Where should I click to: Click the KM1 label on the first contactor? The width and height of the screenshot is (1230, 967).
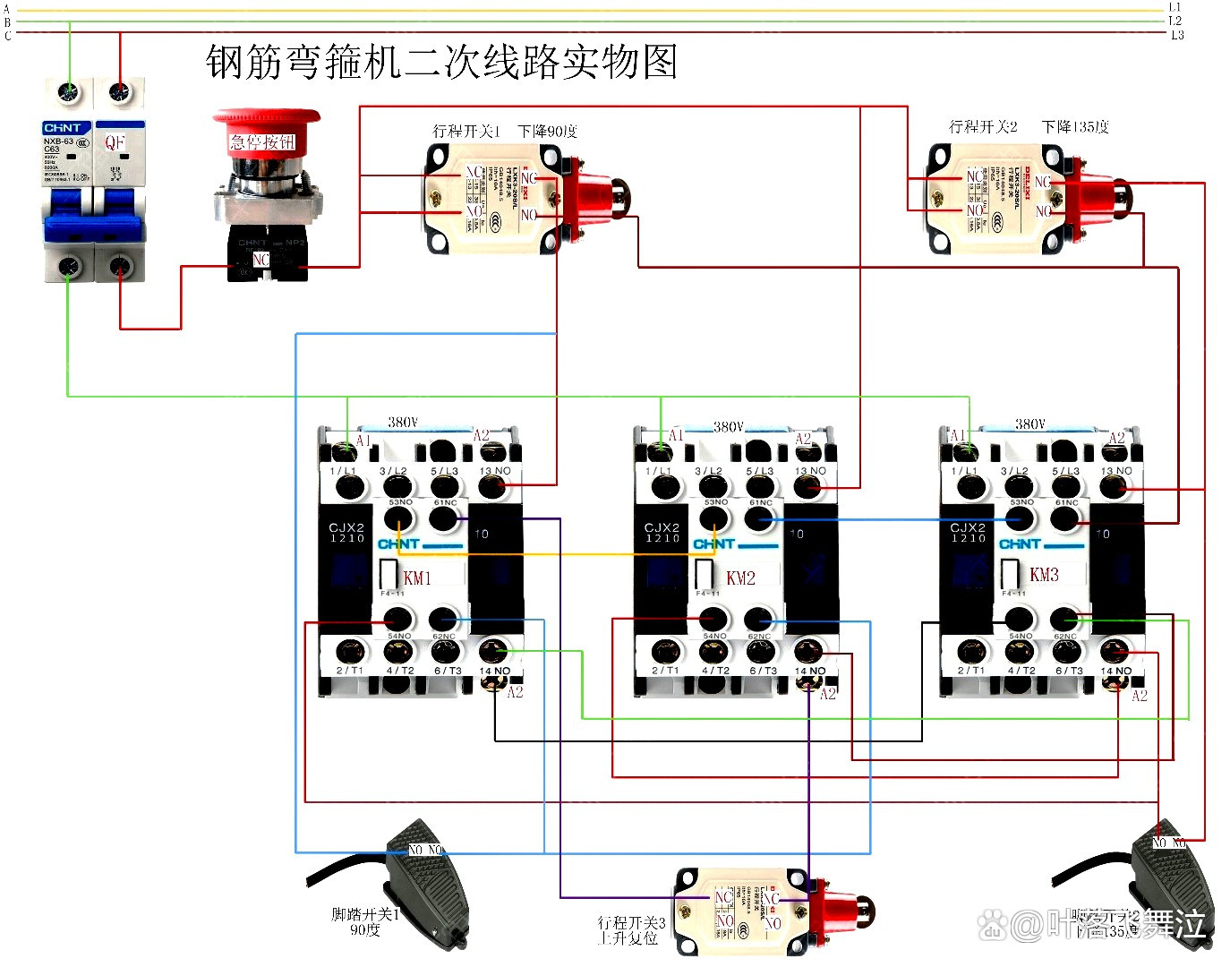tap(417, 578)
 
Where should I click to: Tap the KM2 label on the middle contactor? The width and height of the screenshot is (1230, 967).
tap(740, 578)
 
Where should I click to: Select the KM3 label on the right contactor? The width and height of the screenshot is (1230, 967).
tap(1044, 574)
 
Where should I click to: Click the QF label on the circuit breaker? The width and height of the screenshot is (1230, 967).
tap(115, 142)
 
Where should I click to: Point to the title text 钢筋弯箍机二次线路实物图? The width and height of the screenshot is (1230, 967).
tap(441, 62)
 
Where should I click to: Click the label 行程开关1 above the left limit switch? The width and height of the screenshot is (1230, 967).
tap(466, 131)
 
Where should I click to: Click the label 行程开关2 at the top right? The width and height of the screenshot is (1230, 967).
tap(983, 126)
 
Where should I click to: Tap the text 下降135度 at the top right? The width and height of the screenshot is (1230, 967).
tap(1075, 126)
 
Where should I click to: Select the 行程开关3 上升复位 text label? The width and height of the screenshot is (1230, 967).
tap(631, 929)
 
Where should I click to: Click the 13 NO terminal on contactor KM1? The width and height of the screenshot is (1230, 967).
tap(491, 486)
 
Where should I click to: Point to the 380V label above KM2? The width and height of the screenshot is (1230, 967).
tap(728, 426)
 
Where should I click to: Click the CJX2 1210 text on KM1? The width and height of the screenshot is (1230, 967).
tap(346, 533)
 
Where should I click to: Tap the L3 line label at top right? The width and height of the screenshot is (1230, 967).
tap(1177, 35)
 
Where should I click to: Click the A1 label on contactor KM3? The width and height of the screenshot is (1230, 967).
tap(957, 435)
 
